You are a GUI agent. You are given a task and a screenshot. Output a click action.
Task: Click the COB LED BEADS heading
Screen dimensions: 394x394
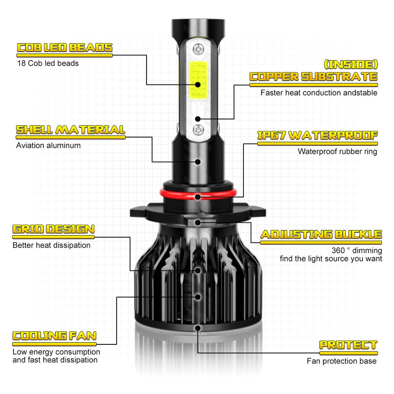[x=64, y=48]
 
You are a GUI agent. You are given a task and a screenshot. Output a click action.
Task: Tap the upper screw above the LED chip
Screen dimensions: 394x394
[x=198, y=49]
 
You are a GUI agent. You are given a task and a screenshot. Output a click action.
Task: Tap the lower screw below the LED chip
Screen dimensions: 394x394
[x=198, y=130]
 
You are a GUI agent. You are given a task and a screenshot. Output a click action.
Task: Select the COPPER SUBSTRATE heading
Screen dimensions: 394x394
[x=314, y=77]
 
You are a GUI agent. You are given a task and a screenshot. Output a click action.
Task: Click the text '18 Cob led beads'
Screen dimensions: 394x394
[x=48, y=63]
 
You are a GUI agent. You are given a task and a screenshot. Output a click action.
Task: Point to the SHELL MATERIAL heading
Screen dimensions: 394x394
[x=70, y=130]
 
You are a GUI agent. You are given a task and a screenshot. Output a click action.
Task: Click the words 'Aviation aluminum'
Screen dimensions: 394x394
[x=48, y=145]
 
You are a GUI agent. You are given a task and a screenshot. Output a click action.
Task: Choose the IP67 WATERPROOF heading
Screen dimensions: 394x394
[x=317, y=136]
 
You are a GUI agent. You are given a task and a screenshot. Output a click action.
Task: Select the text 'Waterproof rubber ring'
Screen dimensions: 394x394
[x=337, y=151]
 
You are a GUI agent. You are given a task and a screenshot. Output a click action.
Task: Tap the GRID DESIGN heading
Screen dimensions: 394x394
[x=53, y=229]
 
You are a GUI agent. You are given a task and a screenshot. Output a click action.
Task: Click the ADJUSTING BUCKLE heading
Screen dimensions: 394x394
[x=321, y=235]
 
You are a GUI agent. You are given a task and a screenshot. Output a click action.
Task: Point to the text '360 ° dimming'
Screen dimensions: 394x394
[x=357, y=250]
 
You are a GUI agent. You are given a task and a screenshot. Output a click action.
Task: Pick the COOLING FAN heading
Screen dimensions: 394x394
[x=54, y=336]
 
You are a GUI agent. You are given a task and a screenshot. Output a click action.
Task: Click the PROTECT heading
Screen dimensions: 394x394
[x=348, y=345]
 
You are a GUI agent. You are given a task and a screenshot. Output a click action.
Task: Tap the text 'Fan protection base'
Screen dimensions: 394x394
[x=341, y=361]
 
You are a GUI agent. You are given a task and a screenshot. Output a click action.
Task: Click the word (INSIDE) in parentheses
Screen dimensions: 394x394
[x=350, y=64]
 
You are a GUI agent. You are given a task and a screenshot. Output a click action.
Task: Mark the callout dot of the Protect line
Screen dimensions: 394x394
[x=198, y=328]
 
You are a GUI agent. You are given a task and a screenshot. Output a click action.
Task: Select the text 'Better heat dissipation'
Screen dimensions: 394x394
[x=51, y=245]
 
